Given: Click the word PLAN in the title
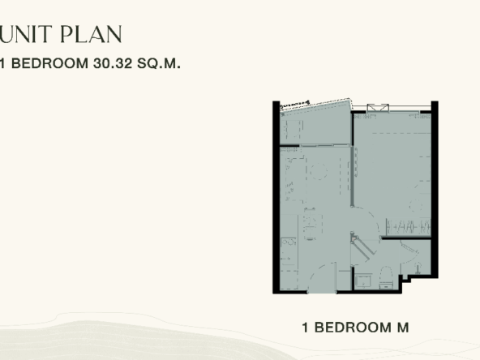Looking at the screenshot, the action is [x=92, y=34].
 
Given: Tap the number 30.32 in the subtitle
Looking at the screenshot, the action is [x=113, y=63].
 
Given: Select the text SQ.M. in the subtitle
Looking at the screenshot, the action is [x=159, y=63].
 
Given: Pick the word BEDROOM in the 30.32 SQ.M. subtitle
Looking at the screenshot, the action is [x=49, y=63].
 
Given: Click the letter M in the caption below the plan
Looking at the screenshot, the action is [x=403, y=328].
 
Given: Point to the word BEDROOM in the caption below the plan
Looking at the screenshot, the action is [x=353, y=328].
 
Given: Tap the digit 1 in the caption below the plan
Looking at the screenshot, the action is [x=305, y=328].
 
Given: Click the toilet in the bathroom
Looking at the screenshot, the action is [x=386, y=277].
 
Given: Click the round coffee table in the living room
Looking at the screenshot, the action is [x=319, y=171].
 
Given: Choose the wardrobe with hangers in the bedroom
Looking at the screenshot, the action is [x=408, y=227].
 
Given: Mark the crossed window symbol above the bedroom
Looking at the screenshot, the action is [x=378, y=109].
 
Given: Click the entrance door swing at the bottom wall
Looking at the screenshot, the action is [x=322, y=278].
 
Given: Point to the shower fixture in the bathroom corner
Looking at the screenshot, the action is [x=418, y=268].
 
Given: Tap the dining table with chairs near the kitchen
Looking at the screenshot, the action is [x=310, y=224].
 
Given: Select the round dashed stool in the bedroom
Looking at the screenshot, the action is [x=417, y=205].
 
